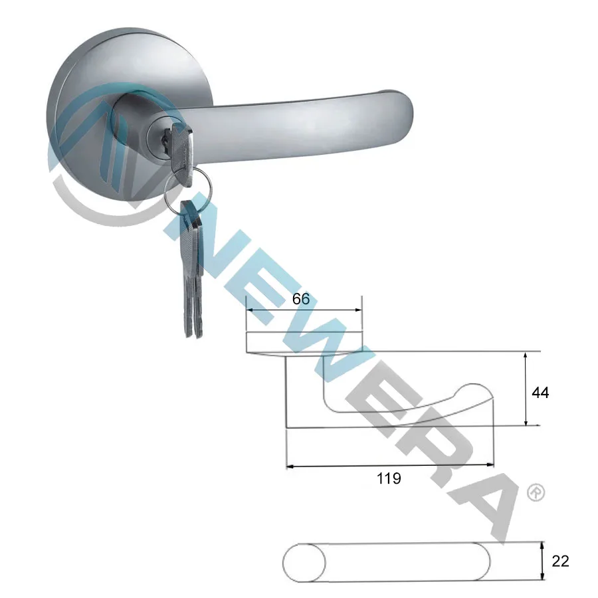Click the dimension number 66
tap(301, 299)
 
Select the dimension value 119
tap(389, 478)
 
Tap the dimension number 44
tap(540, 393)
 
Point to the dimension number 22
tap(561, 561)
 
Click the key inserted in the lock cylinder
tap(181, 142)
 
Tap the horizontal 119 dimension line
tap(390, 466)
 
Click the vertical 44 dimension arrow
tap(526, 389)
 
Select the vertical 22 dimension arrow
tap(543, 561)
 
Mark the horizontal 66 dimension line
tap(304, 310)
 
